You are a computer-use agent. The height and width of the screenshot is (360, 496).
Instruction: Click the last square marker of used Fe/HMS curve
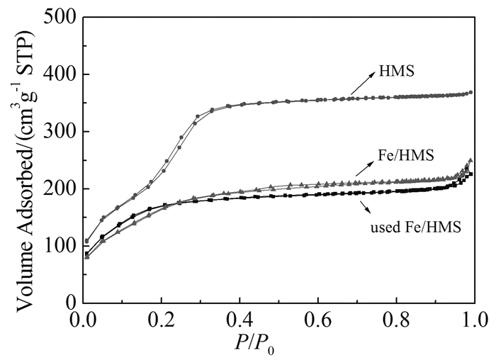point(470,174)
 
